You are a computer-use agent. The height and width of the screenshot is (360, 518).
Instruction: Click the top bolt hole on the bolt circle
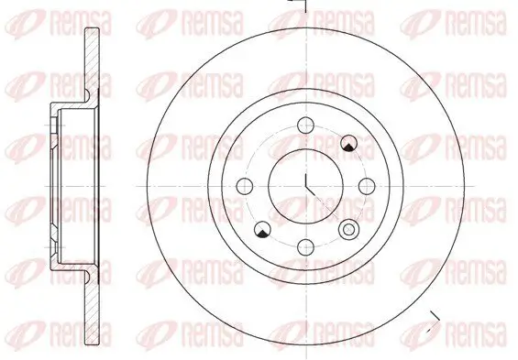(x=305, y=125)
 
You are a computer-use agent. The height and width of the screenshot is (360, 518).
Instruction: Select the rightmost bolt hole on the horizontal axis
(x=367, y=186)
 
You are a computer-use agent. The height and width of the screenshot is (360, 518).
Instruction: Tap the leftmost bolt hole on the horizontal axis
(x=245, y=186)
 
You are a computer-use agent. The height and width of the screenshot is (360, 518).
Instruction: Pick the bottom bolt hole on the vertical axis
(x=305, y=247)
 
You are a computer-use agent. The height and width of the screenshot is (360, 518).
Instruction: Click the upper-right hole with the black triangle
(x=349, y=143)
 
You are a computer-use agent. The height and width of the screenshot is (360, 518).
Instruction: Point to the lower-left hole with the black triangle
(x=262, y=229)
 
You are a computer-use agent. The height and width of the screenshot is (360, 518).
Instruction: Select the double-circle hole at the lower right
(x=349, y=229)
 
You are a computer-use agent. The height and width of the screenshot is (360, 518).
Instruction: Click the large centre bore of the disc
(x=305, y=186)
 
